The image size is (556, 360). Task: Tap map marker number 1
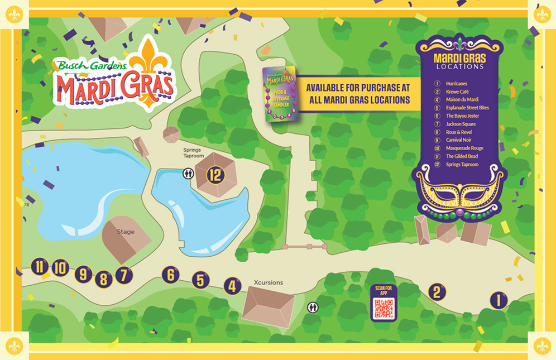coord(499,301)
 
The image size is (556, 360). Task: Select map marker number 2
coord(437,291)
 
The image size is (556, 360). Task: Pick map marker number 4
coord(232,286)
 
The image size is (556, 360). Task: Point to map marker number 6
coord(171,275)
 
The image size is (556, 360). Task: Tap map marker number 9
coord(83,273)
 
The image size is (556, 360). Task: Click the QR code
coord(384,309)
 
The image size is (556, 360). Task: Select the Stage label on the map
coord(126,232)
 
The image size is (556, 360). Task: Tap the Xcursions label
coord(269,282)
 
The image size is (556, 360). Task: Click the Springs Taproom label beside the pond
coord(194,153)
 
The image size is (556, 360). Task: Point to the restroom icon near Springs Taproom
coord(189,174)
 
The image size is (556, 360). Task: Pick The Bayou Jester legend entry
coord(462,116)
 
